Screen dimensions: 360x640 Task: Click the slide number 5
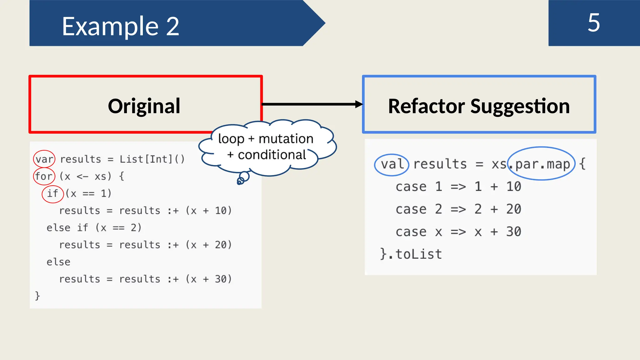coord(594,22)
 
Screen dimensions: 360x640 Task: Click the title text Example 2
coord(120,26)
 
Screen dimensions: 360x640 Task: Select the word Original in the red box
coord(144,106)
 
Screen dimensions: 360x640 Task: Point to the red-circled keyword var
coord(44,159)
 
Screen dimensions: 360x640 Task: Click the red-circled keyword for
coord(44,176)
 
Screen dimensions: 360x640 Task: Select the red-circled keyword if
coord(52,193)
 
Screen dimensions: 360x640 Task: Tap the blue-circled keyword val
coord(392,164)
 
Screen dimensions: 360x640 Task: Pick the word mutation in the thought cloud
coord(286,139)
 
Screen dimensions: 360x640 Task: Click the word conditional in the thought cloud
coord(272,155)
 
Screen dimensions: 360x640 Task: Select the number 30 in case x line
coord(513,232)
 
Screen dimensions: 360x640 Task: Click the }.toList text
coord(411,254)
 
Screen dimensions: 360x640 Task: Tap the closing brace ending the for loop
coord(37,296)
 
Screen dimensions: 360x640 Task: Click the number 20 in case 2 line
coord(513,209)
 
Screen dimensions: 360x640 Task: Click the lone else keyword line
coord(58,262)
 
